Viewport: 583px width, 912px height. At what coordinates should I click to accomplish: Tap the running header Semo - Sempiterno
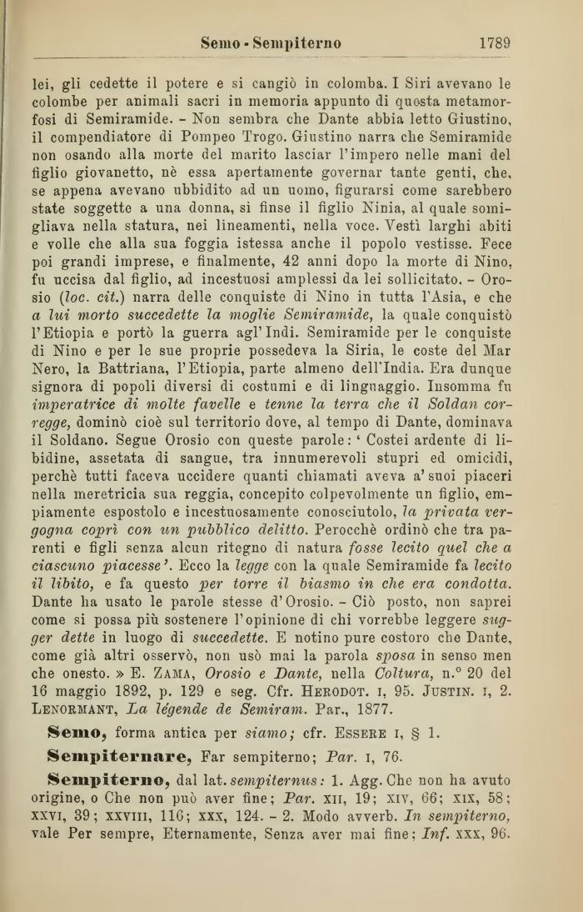click(271, 43)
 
